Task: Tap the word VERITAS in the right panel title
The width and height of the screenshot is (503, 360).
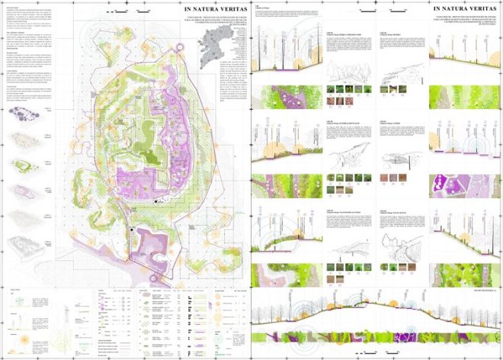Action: click(x=470, y=10)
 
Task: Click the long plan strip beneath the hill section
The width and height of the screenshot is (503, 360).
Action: click(x=373, y=336)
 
